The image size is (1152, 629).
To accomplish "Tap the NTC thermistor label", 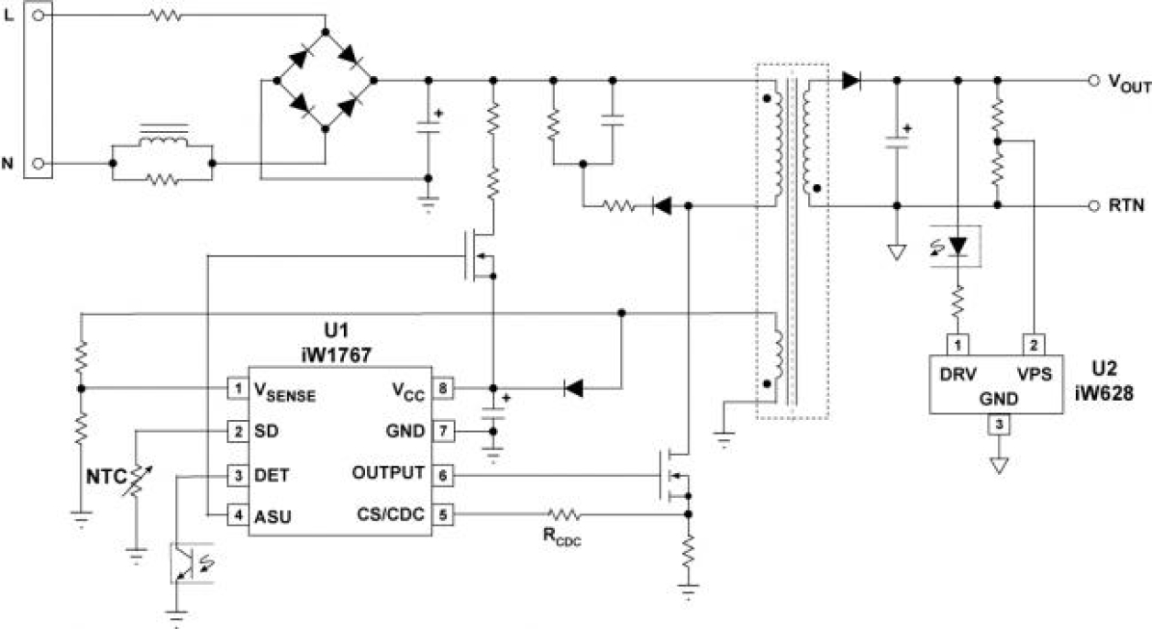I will (x=106, y=478).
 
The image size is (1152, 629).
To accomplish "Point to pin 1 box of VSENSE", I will (x=238, y=389).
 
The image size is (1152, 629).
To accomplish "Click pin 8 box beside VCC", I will (x=443, y=389).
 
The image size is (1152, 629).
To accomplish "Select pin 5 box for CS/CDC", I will (x=443, y=514).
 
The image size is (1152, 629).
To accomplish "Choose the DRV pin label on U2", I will (x=958, y=374).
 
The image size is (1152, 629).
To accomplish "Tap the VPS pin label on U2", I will (x=1034, y=374).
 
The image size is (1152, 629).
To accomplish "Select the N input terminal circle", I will (x=39, y=163).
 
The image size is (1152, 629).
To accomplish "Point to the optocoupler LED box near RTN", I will (x=957, y=247).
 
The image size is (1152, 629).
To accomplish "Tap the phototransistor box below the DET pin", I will (x=192, y=563).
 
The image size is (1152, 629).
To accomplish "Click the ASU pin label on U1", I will (x=272, y=515).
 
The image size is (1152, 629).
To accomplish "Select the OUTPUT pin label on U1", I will (x=387, y=473).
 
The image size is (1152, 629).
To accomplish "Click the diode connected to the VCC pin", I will (x=574, y=389).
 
